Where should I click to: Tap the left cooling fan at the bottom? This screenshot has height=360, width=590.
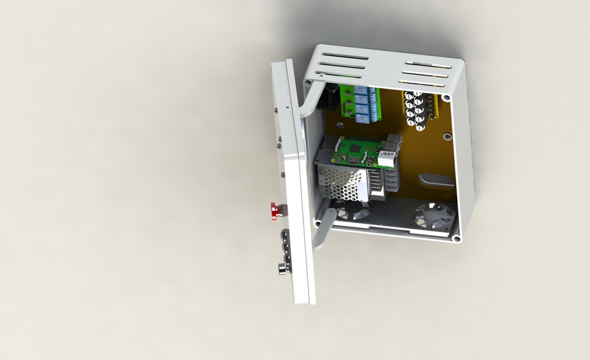(353, 212)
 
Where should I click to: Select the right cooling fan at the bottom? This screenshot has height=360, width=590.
(434, 216)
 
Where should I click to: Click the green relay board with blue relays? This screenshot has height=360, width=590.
(361, 104)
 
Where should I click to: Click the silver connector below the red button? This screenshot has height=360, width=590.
(284, 268)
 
